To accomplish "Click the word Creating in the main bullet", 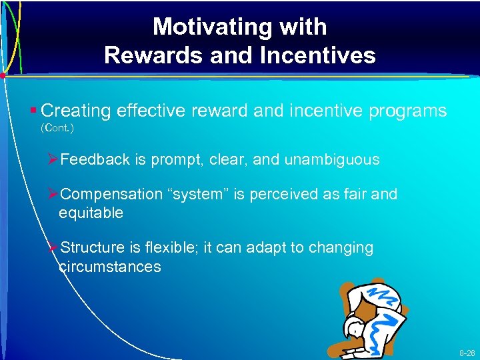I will coord(80,111).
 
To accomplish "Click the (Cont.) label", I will coord(57,127).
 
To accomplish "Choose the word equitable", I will coord(91,213).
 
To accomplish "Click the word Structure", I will coord(92,248).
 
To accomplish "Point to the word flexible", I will coord(168,248).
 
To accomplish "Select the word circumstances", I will coord(110,267).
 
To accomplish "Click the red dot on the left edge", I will coord(3,75).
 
